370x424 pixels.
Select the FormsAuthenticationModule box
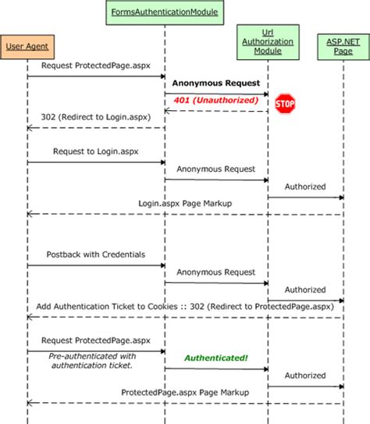click(165, 12)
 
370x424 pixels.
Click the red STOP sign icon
click(286, 103)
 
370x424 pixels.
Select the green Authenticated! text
click(215, 358)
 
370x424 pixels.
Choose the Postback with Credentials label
click(96, 255)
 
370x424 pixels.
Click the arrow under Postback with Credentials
click(96, 265)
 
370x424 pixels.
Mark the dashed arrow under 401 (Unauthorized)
click(216, 110)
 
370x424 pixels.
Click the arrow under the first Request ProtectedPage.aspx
click(96, 77)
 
